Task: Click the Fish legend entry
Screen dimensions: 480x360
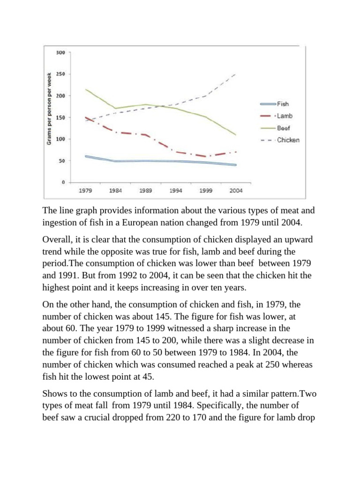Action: point(283,104)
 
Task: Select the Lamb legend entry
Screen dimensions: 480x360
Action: point(284,116)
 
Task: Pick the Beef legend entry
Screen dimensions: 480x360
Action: point(284,127)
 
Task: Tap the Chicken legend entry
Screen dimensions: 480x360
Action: point(288,140)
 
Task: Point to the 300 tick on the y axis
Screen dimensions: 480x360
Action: point(60,52)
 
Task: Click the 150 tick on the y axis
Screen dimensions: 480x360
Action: point(60,117)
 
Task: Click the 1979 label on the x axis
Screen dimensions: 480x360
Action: point(85,191)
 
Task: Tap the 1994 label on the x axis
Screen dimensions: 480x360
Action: point(175,191)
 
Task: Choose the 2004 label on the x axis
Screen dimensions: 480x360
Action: point(236,191)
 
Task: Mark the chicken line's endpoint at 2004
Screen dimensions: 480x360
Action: point(235,74)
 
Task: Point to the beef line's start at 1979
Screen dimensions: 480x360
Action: point(85,90)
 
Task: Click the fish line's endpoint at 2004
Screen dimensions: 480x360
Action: point(235,165)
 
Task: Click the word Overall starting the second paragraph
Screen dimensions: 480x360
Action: point(57,240)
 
